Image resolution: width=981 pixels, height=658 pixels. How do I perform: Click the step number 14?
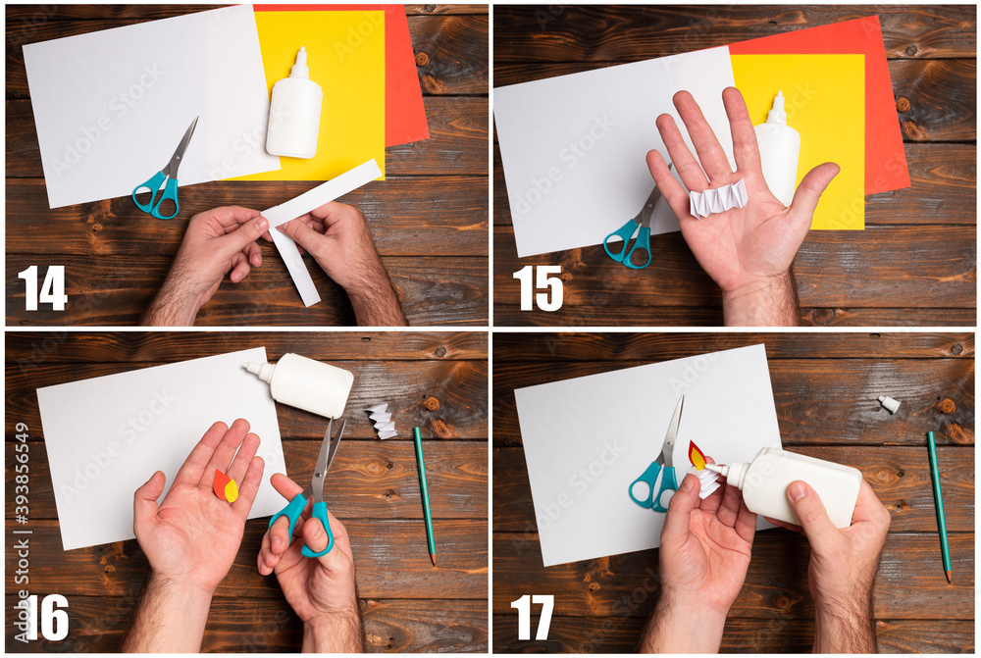coord(42,287)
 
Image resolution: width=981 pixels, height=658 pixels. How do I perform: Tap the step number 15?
coord(539,287)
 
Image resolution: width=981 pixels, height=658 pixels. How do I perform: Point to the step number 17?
coord(533,617)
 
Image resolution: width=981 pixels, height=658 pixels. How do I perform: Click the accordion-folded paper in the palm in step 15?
coord(717,198)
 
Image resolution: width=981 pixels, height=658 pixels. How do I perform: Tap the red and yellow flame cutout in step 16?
coord(225,485)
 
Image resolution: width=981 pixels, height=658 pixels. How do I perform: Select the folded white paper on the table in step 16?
coord(382,420)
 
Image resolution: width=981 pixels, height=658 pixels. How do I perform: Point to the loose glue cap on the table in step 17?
coord(889,404)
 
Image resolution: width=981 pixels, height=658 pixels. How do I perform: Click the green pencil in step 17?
coord(939,505)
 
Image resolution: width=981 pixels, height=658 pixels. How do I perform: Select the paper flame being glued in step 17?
coord(697,455)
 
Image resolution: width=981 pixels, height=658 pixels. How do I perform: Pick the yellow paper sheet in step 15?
coord(824,118)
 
